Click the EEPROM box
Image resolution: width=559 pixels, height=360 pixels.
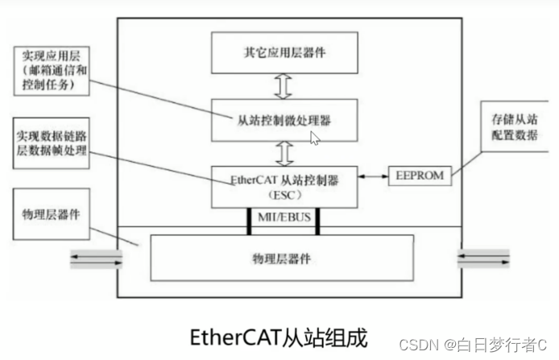coord(420,174)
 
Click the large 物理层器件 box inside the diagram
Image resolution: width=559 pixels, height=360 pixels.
coord(282,258)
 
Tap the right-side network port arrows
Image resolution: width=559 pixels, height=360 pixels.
coord(483,258)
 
